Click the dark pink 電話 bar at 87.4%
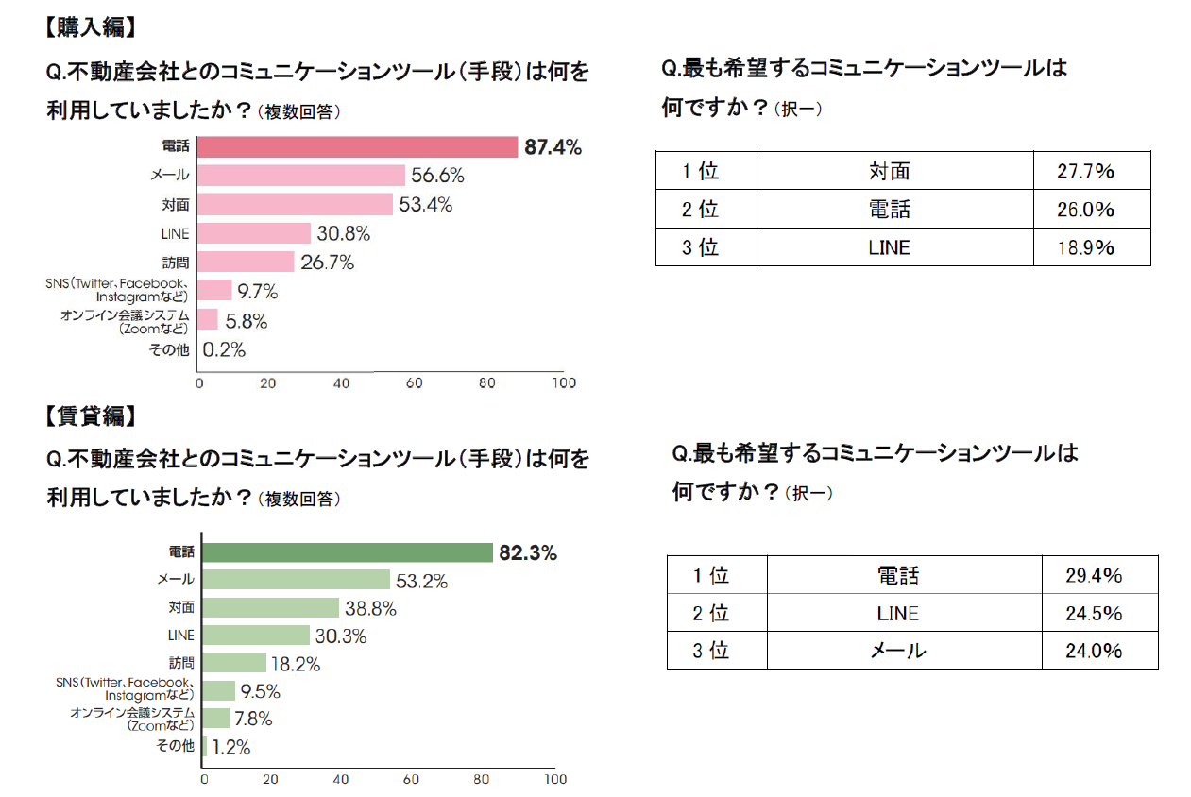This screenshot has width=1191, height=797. (x=358, y=147)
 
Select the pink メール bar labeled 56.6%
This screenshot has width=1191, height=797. (x=301, y=176)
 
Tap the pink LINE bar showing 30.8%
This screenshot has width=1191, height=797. (x=254, y=233)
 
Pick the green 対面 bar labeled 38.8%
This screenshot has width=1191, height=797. (x=270, y=608)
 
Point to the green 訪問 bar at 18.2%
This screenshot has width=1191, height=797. (x=234, y=664)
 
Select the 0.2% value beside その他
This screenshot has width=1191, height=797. (x=224, y=349)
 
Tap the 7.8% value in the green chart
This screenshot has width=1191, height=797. (x=253, y=719)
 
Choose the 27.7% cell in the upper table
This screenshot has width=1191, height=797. (x=1085, y=171)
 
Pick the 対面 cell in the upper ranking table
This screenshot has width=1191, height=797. (x=889, y=171)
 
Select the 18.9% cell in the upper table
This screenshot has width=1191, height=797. (x=1085, y=247)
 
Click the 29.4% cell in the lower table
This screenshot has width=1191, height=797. (x=1094, y=575)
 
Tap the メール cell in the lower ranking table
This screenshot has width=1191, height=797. (x=897, y=651)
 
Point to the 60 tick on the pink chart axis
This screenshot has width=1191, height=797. (x=414, y=383)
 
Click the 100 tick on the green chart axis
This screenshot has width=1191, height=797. (x=555, y=780)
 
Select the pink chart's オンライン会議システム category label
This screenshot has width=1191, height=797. (x=125, y=322)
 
